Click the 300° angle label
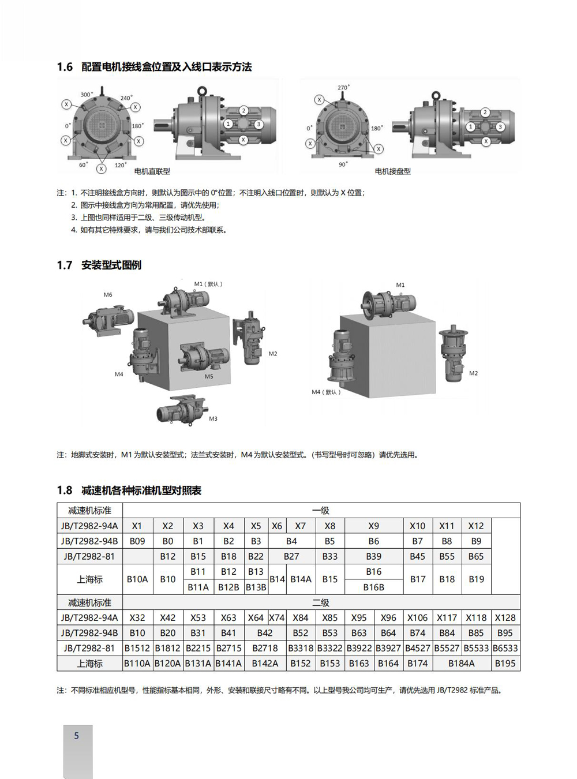coord(87,94)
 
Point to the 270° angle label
coord(343,88)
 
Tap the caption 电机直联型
coord(152,171)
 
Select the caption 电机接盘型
coord(393,171)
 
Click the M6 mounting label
coord(108,295)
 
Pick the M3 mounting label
coord(213,418)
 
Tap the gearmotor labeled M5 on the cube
coord(199,356)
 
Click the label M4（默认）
coord(327,392)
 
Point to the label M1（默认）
coord(208,284)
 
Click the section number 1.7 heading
coord(65,265)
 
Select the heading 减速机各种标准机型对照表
coord(141,490)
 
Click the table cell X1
coord(137,526)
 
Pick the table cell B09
coord(137,541)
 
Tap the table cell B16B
coord(373,587)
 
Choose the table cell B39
coord(373,556)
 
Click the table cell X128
coord(505,617)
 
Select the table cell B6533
coord(505,648)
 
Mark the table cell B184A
coord(462,664)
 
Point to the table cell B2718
coord(265,648)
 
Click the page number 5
coord(76,736)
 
